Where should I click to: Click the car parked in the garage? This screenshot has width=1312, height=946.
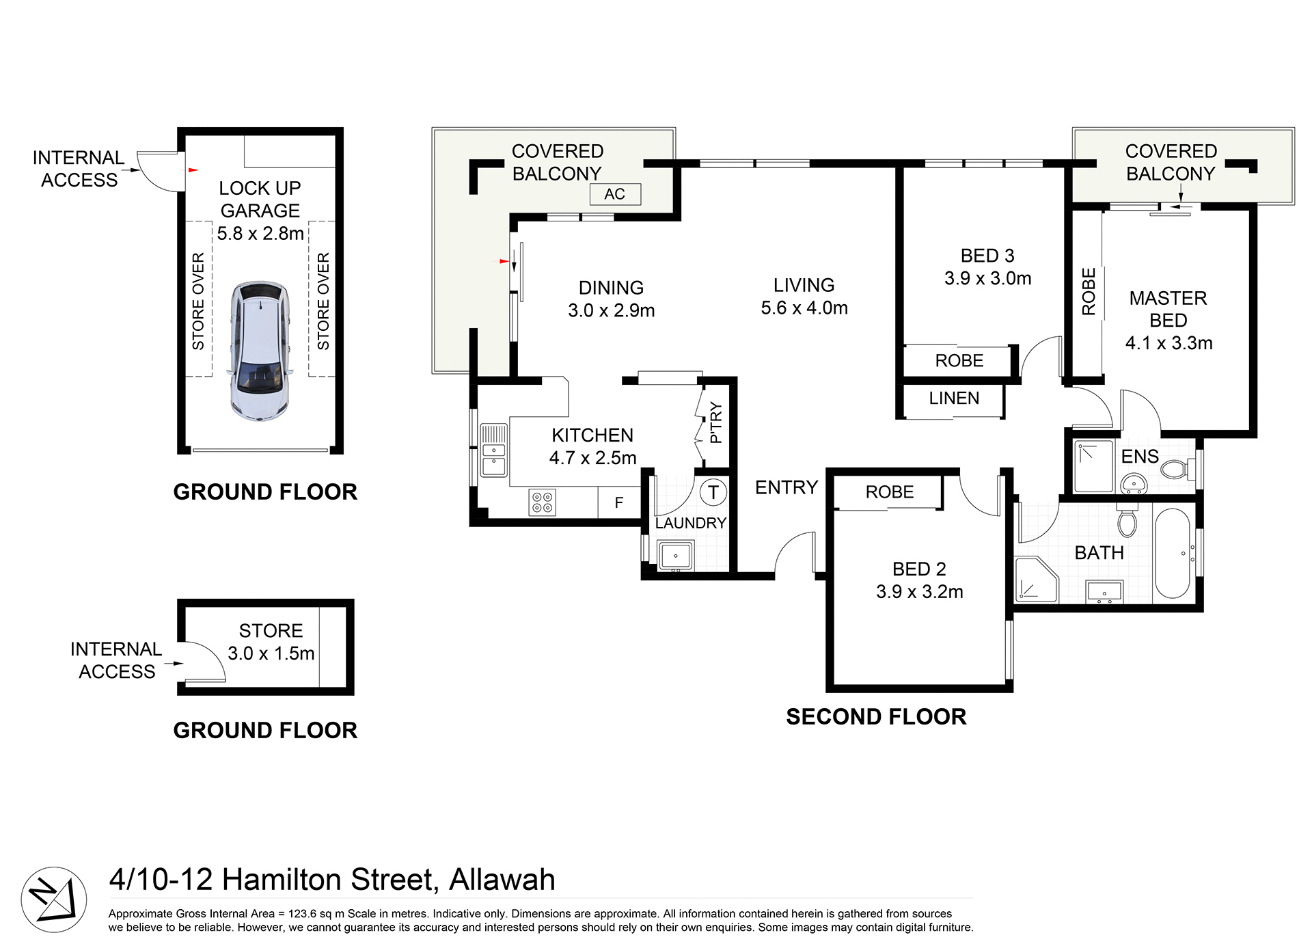click(260, 350)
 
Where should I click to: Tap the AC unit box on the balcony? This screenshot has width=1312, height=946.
click(615, 194)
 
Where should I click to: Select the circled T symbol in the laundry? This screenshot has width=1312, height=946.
click(713, 492)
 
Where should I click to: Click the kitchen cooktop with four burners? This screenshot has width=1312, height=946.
click(543, 502)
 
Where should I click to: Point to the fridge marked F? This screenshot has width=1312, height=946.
click(619, 503)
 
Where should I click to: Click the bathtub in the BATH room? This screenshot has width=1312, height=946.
click(1172, 554)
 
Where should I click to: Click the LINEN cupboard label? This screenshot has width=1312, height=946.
click(954, 398)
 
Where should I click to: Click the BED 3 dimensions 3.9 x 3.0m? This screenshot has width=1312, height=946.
click(988, 278)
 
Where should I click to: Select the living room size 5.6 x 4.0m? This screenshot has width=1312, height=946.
click(804, 308)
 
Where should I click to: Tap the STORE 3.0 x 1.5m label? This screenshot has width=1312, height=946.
click(271, 641)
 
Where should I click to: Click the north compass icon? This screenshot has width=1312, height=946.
click(53, 899)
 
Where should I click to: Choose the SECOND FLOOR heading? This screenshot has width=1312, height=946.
click(876, 716)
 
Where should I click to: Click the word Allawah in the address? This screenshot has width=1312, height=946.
click(502, 880)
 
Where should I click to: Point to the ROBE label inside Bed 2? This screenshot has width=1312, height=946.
click(889, 492)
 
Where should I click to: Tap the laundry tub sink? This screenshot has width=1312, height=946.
click(675, 555)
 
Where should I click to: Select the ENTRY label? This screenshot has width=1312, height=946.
click(787, 487)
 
